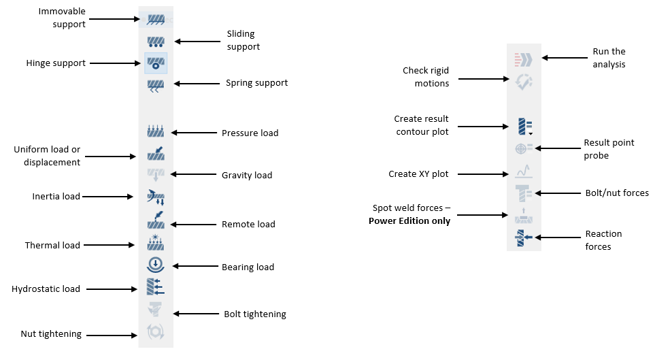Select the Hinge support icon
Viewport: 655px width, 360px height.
coord(156,63)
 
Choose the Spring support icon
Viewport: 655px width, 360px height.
coord(156,84)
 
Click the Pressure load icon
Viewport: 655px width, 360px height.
coord(156,132)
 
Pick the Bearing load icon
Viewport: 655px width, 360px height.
coord(156,265)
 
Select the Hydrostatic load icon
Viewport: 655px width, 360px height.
coord(156,287)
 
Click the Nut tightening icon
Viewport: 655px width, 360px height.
coord(156,333)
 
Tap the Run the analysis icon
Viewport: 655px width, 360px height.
coord(524,59)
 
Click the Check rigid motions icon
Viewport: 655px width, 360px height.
coord(524,81)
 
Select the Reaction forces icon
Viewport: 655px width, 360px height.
coord(524,238)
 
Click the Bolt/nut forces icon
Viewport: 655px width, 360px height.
coord(524,193)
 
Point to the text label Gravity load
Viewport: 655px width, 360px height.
coord(247,176)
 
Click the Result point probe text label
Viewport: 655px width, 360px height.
coord(609,148)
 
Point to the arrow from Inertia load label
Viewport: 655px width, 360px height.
coord(107,197)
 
